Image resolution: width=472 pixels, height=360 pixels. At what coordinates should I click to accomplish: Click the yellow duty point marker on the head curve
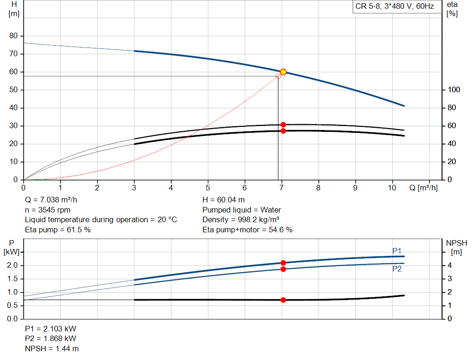click(283, 72)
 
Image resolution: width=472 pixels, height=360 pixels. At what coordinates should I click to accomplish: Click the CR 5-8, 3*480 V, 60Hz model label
click(394, 7)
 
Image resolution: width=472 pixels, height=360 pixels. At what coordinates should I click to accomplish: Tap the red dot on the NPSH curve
click(283, 300)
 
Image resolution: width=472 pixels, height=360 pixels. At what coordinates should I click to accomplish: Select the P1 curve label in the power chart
click(397, 251)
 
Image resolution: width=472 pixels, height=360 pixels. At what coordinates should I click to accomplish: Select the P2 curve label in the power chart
click(397, 269)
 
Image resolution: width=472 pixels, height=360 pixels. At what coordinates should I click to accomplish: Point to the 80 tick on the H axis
click(13, 36)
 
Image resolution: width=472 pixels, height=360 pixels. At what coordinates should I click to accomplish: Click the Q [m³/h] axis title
click(424, 188)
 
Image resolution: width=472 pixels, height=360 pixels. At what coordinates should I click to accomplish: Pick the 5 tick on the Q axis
click(208, 188)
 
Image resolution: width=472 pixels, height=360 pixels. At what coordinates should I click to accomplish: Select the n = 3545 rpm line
click(47, 210)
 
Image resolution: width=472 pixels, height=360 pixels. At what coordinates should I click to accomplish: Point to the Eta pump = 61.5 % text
click(58, 230)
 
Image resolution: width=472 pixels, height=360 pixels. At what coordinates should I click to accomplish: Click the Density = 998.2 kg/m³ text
click(241, 220)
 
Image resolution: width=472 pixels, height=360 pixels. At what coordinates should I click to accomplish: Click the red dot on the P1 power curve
click(283, 263)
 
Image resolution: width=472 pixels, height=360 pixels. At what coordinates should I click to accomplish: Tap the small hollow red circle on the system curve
click(278, 76)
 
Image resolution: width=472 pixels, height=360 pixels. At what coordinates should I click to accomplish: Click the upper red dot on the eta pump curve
click(283, 125)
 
